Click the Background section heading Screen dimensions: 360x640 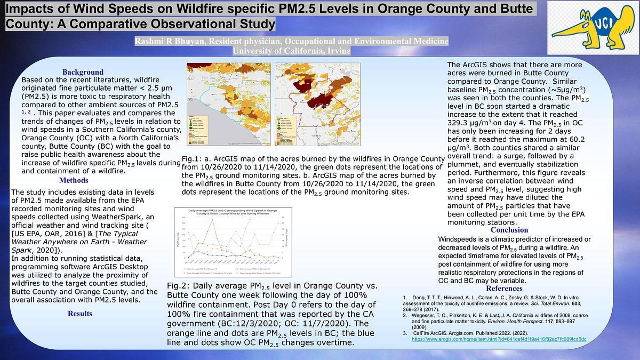pos(83,72)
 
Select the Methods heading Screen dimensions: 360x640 pos(74,180)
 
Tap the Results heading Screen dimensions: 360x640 pos(79,314)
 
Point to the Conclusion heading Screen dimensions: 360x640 pos(509,230)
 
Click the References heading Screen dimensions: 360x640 pos(503,289)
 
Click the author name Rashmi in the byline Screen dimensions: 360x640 pos(151,41)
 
